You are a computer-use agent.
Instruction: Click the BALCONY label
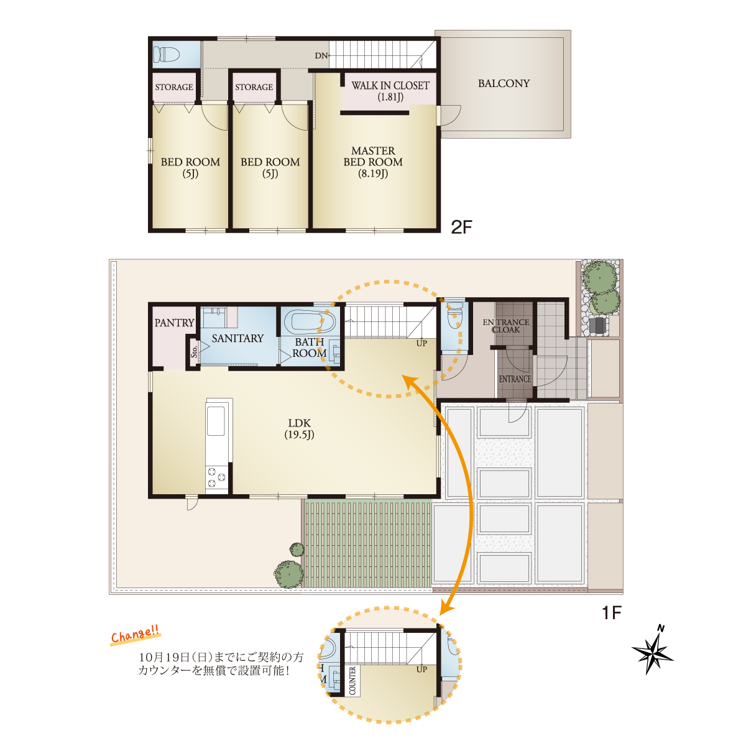click(x=504, y=84)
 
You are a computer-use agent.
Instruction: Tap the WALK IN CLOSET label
click(x=390, y=91)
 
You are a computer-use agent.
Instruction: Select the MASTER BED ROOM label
click(x=373, y=162)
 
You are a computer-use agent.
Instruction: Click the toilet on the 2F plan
click(x=166, y=55)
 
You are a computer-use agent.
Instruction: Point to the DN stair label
click(x=321, y=56)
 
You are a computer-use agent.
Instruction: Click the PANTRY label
click(x=174, y=323)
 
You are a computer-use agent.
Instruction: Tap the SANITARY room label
click(x=237, y=338)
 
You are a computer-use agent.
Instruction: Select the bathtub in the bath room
click(x=310, y=322)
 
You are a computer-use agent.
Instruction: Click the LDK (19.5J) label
click(x=299, y=428)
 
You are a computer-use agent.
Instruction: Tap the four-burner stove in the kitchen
click(x=217, y=477)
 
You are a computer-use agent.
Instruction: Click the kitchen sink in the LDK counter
click(x=216, y=421)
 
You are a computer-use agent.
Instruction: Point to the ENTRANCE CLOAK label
click(x=505, y=326)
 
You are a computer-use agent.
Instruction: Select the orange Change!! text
click(x=135, y=635)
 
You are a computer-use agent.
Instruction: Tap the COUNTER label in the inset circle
click(x=352, y=681)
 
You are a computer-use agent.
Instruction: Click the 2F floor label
click(x=461, y=228)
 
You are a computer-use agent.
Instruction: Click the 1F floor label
click(x=612, y=613)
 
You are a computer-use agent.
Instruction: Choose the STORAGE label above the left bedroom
click(x=174, y=87)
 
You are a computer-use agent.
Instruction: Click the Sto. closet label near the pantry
click(x=194, y=351)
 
